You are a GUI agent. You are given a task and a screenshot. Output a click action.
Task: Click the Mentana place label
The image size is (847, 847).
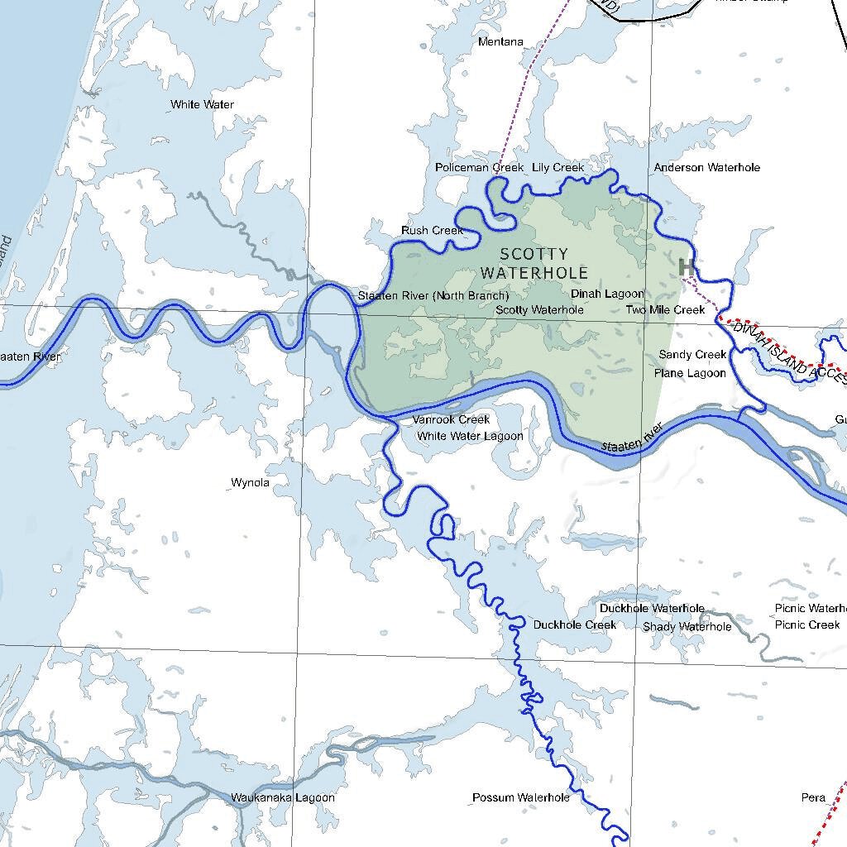click(501, 41)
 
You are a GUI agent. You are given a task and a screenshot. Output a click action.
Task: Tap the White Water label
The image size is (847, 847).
click(202, 105)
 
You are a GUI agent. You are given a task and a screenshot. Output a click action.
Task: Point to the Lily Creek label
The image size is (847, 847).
click(558, 168)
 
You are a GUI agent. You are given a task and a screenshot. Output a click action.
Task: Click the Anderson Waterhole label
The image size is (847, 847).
click(706, 168)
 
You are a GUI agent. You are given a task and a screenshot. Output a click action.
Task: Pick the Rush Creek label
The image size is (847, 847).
click(432, 231)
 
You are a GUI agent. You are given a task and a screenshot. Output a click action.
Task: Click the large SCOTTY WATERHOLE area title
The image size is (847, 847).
click(534, 263)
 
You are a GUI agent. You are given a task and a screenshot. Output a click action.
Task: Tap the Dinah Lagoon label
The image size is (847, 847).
click(607, 294)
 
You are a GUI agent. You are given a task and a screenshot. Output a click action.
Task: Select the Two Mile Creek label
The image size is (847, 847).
click(665, 310)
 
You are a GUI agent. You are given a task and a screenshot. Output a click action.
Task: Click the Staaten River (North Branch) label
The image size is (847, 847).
click(433, 296)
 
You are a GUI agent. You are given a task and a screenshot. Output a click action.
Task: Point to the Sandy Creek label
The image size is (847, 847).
click(692, 355)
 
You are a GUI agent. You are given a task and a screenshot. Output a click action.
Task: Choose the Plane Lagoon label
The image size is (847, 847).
click(690, 373)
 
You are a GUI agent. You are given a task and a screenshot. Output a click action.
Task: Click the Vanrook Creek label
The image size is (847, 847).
click(451, 420)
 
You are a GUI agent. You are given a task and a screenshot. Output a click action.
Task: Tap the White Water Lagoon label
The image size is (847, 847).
click(470, 436)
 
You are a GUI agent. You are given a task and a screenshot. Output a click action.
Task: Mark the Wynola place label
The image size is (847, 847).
click(250, 483)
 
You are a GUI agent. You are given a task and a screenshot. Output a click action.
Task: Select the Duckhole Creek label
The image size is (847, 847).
click(574, 625)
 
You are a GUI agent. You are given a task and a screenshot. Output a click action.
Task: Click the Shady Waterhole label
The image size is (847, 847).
click(687, 627)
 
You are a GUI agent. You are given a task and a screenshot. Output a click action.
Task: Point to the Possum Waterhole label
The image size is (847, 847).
click(520, 798)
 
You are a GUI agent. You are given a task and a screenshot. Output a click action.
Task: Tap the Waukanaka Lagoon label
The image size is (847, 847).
click(283, 798)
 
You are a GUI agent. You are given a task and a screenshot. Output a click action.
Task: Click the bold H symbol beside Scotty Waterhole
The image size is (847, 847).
click(686, 267)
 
